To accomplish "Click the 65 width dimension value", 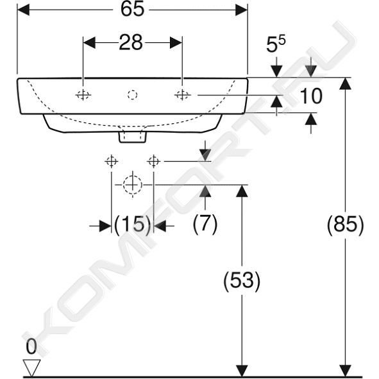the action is click(x=133, y=10).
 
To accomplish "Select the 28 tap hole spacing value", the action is click(x=131, y=42).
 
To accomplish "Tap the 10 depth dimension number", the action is click(x=311, y=96).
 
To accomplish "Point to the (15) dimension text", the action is click(x=133, y=224).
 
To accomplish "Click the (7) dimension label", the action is click(x=205, y=224).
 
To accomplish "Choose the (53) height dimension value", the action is click(x=242, y=280).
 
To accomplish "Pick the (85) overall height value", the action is click(x=345, y=225).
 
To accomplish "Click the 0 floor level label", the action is click(x=31, y=346).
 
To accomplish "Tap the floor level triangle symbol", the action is click(x=31, y=367).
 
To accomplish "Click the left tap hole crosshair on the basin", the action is click(x=83, y=95).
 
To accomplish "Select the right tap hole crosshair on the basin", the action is click(x=183, y=95).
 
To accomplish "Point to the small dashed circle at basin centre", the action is click(x=133, y=95).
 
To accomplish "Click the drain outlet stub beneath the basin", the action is click(x=133, y=137).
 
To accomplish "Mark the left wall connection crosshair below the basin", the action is click(x=112, y=161).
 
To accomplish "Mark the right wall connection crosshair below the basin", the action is click(x=154, y=161).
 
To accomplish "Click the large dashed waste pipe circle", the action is click(x=133, y=185).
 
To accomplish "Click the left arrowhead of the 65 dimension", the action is click(x=23, y=10).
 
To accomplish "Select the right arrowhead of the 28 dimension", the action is click(x=176, y=43).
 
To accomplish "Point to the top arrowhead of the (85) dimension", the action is click(x=345, y=84).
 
